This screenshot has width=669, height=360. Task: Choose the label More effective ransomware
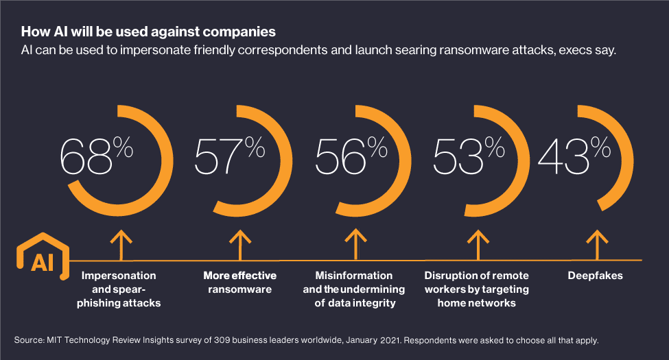tap(239, 283)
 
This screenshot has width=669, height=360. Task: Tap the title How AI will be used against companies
tap(149, 32)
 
